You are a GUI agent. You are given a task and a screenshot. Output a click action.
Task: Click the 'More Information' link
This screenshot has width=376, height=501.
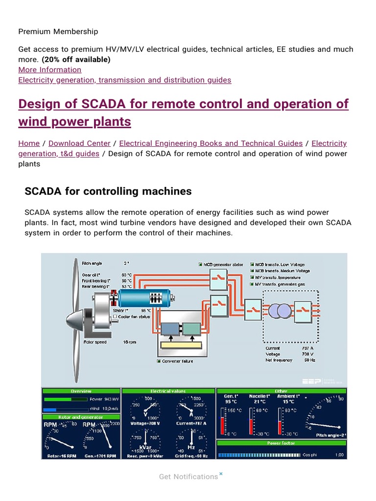[x=50, y=69]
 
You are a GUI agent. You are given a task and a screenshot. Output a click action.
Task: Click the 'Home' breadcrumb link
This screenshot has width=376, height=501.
[x=29, y=143]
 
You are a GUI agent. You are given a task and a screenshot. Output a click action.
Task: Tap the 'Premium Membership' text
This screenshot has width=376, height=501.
[x=58, y=31]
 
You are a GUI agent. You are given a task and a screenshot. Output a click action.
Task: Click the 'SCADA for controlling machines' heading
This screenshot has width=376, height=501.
[x=108, y=191]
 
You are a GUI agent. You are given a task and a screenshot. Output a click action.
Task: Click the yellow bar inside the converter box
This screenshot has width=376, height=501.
[x=180, y=345]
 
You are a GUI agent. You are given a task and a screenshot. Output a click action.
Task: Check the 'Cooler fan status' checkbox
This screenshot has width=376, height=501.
[x=115, y=317]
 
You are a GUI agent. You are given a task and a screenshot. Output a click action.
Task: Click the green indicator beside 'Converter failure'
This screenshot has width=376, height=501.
[x=159, y=361]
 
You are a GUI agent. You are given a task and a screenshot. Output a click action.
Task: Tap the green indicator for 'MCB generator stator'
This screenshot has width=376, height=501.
[x=201, y=265]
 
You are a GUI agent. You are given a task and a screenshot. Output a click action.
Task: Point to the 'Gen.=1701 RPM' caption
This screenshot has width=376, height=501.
[x=100, y=455]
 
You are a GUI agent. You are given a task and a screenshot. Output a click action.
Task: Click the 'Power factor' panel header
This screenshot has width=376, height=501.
[x=281, y=443]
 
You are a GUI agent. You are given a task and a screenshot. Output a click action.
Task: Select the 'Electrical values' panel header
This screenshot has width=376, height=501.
[x=168, y=391]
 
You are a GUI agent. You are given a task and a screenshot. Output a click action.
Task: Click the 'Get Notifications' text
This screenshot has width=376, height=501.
[x=188, y=477]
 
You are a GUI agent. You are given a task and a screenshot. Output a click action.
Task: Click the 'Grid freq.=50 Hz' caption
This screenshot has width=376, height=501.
[x=191, y=455]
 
